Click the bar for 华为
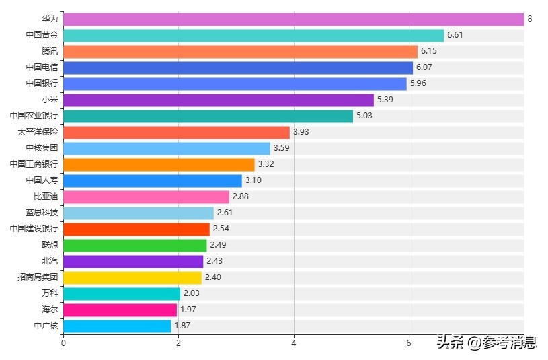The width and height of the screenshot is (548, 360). click(293, 19)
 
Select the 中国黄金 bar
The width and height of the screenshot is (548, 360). click(253, 35)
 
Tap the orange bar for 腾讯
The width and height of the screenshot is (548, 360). click(240, 51)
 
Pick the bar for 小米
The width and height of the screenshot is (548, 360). click(218, 100)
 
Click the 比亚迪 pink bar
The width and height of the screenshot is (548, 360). click(146, 196)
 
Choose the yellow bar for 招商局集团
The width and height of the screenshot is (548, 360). click(132, 277)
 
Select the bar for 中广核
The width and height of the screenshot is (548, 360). click(117, 326)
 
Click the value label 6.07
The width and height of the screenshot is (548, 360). click(424, 67)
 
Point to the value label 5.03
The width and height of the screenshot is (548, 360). click(364, 116)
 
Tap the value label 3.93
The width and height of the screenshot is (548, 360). click(301, 132)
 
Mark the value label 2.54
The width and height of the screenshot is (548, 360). click(221, 229)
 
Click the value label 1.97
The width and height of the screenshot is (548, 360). click(188, 310)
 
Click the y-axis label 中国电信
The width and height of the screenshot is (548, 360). click(42, 67)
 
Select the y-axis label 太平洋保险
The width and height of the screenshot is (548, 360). click(38, 132)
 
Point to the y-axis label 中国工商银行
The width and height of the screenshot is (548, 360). click(34, 164)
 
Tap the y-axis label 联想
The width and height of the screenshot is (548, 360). click(50, 245)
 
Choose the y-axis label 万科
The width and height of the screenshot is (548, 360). click(50, 293)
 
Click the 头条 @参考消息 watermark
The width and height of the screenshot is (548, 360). click(487, 343)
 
